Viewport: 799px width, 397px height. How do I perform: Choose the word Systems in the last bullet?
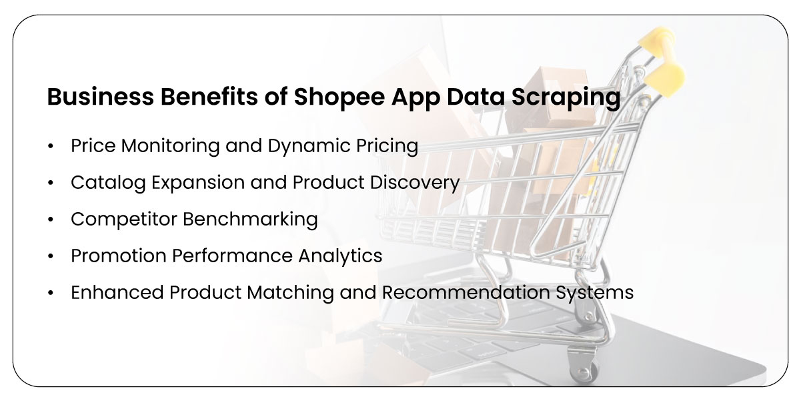(600, 292)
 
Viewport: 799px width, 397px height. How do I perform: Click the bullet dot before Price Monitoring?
(51, 146)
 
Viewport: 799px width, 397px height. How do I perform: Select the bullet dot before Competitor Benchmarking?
(51, 220)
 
